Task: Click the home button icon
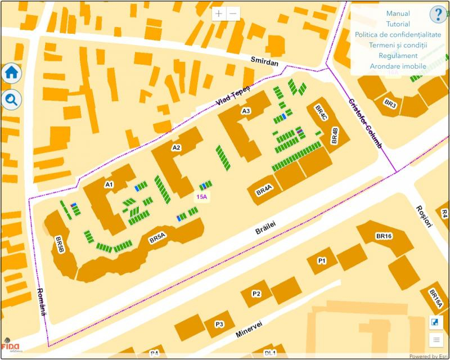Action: pyautogui.click(x=12, y=73)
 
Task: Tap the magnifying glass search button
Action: pyautogui.click(x=12, y=100)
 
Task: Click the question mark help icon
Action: pyautogui.click(x=438, y=15)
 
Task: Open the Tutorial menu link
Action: pyautogui.click(x=398, y=24)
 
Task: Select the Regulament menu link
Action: pyautogui.click(x=398, y=56)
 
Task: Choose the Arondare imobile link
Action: pyautogui.click(x=398, y=66)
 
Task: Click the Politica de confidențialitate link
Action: pyautogui.click(x=398, y=35)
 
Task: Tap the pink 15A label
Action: pyautogui.click(x=202, y=197)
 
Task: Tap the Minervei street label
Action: pyautogui.click(x=249, y=328)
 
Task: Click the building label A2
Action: pyautogui.click(x=176, y=148)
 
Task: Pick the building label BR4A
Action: pyautogui.click(x=264, y=191)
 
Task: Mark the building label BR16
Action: pyautogui.click(x=384, y=236)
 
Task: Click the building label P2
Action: pyautogui.click(x=256, y=294)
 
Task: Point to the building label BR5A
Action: pyautogui.click(x=157, y=238)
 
